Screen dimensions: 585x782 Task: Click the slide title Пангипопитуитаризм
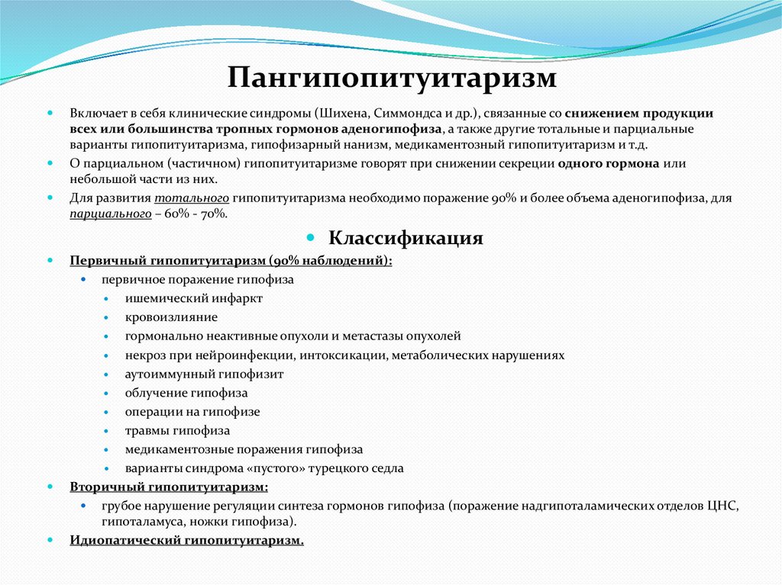390,77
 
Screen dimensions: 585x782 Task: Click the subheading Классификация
406,237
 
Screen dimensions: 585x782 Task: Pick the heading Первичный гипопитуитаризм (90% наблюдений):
231,260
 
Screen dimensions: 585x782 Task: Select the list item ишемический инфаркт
193,298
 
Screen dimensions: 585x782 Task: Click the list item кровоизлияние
171,317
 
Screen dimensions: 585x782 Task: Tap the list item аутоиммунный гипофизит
204,374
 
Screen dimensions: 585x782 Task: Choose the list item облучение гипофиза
186,393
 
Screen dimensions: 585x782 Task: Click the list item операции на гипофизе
192,411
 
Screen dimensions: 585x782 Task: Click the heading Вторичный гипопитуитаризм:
169,487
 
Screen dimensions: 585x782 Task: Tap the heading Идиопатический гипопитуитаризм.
186,541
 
